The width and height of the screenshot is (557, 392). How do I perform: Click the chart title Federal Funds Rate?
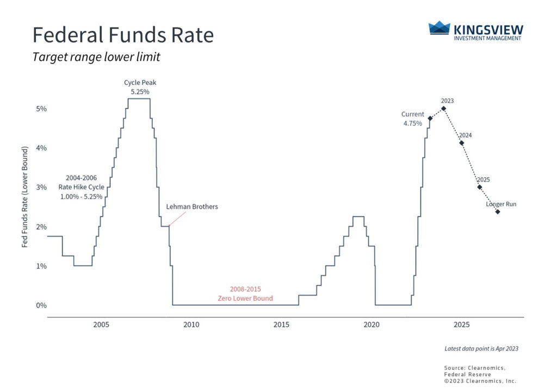point(123,35)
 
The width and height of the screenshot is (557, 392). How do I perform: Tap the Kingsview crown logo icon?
point(440,28)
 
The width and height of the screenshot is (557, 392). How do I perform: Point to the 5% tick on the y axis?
point(41,109)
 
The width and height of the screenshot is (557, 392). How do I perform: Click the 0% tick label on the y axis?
point(41,305)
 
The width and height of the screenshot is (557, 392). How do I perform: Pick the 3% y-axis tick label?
point(41,187)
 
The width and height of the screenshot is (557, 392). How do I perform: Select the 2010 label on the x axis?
point(191,325)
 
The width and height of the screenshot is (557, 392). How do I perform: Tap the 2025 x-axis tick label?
point(461,325)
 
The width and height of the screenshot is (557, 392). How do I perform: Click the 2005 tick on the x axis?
point(101,325)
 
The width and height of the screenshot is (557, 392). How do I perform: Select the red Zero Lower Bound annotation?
point(245,294)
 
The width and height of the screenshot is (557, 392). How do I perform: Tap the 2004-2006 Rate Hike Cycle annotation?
point(81,187)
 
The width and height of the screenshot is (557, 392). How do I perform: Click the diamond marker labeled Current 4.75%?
point(430,119)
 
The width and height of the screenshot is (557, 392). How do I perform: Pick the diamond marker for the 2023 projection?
point(444,108)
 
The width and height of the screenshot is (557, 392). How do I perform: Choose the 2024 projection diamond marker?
point(462,143)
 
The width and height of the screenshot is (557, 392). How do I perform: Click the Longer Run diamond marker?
point(498,211)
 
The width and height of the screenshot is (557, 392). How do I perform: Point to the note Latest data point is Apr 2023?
point(481,349)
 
